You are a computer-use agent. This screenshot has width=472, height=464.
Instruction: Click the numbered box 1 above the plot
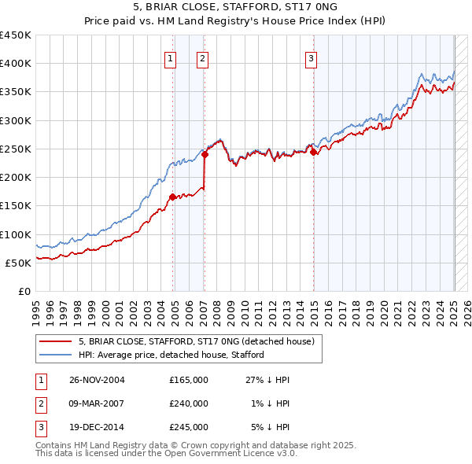coord(170,57)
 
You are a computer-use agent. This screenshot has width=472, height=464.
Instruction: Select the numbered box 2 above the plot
coord(202,57)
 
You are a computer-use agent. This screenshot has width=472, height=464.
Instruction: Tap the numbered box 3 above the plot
coord(311,57)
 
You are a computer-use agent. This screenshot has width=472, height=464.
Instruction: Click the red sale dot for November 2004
coord(173,197)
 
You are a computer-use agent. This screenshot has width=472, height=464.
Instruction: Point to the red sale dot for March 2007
coord(205,155)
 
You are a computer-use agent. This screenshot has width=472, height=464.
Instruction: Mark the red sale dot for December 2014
coord(313,153)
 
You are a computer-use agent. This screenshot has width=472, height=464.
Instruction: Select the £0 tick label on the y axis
coord(24,291)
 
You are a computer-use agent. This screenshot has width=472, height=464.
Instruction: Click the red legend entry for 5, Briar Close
coord(196,341)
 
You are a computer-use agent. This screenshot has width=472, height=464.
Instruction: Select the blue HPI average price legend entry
coord(171,355)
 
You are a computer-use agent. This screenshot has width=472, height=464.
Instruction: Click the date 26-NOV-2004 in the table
coord(98,380)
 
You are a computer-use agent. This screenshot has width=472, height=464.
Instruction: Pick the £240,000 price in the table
coord(189,403)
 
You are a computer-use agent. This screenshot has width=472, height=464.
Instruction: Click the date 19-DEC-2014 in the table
coord(98,428)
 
